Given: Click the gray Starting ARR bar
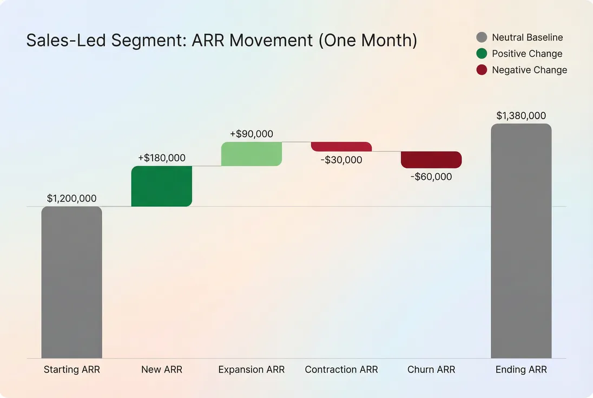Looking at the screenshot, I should pyautogui.click(x=71, y=282).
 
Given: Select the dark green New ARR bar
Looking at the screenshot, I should pyautogui.click(x=161, y=186).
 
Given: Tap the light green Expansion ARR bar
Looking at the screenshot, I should pyautogui.click(x=251, y=154).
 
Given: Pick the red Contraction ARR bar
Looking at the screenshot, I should pyautogui.click(x=341, y=147).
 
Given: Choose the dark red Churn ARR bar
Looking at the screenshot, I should pyautogui.click(x=431, y=160).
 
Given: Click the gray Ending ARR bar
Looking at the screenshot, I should pyautogui.click(x=520, y=241).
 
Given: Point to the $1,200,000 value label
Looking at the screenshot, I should pyautogui.click(x=71, y=199).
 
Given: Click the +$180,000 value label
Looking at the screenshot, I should pyautogui.click(x=161, y=158).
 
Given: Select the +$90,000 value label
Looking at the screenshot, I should pyautogui.click(x=251, y=134).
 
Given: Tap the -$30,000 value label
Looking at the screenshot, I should pyautogui.click(x=341, y=160).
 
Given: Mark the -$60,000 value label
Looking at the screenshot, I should pyautogui.click(x=431, y=177).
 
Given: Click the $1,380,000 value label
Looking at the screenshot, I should pyautogui.click(x=520, y=116).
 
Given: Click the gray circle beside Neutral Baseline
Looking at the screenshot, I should pyautogui.click(x=482, y=37).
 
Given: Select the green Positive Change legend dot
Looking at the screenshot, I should pyautogui.click(x=482, y=54).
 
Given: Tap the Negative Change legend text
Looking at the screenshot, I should pyautogui.click(x=529, y=70).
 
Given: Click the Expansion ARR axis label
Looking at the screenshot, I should pyautogui.click(x=251, y=370).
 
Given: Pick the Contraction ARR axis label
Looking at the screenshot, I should pyautogui.click(x=341, y=370).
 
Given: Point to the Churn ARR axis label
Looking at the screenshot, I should pyautogui.click(x=431, y=370).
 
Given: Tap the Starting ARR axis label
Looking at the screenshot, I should pyautogui.click(x=71, y=370).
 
